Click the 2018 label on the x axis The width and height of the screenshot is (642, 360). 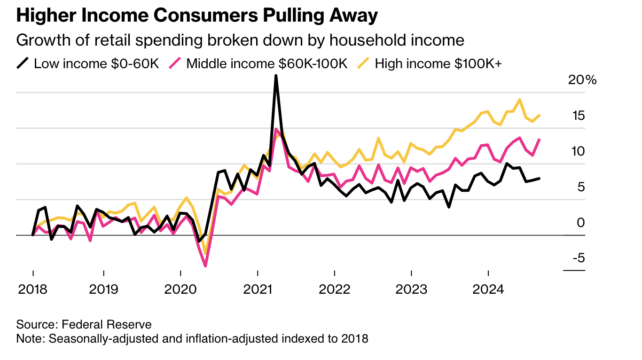pyautogui.click(x=33, y=289)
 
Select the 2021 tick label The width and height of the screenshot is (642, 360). pyautogui.click(x=258, y=289)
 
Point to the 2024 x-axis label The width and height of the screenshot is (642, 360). pyautogui.click(x=488, y=289)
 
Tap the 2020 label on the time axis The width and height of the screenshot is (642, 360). pyautogui.click(x=180, y=289)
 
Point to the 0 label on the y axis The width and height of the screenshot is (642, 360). pyautogui.click(x=581, y=222)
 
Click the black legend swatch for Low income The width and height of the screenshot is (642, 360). pyautogui.click(x=23, y=63)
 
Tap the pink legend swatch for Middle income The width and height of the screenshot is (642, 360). pyautogui.click(x=175, y=63)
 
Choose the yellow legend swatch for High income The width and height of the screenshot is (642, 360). pyautogui.click(x=364, y=63)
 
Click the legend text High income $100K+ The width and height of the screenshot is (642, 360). pyautogui.click(x=438, y=63)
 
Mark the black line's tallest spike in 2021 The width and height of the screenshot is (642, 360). pyautogui.click(x=276, y=76)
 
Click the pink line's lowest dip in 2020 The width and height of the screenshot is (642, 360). pyautogui.click(x=206, y=266)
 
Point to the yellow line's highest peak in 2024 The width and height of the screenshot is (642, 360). pyautogui.click(x=519, y=100)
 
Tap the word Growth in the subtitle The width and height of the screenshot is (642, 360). pyautogui.click(x=40, y=40)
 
